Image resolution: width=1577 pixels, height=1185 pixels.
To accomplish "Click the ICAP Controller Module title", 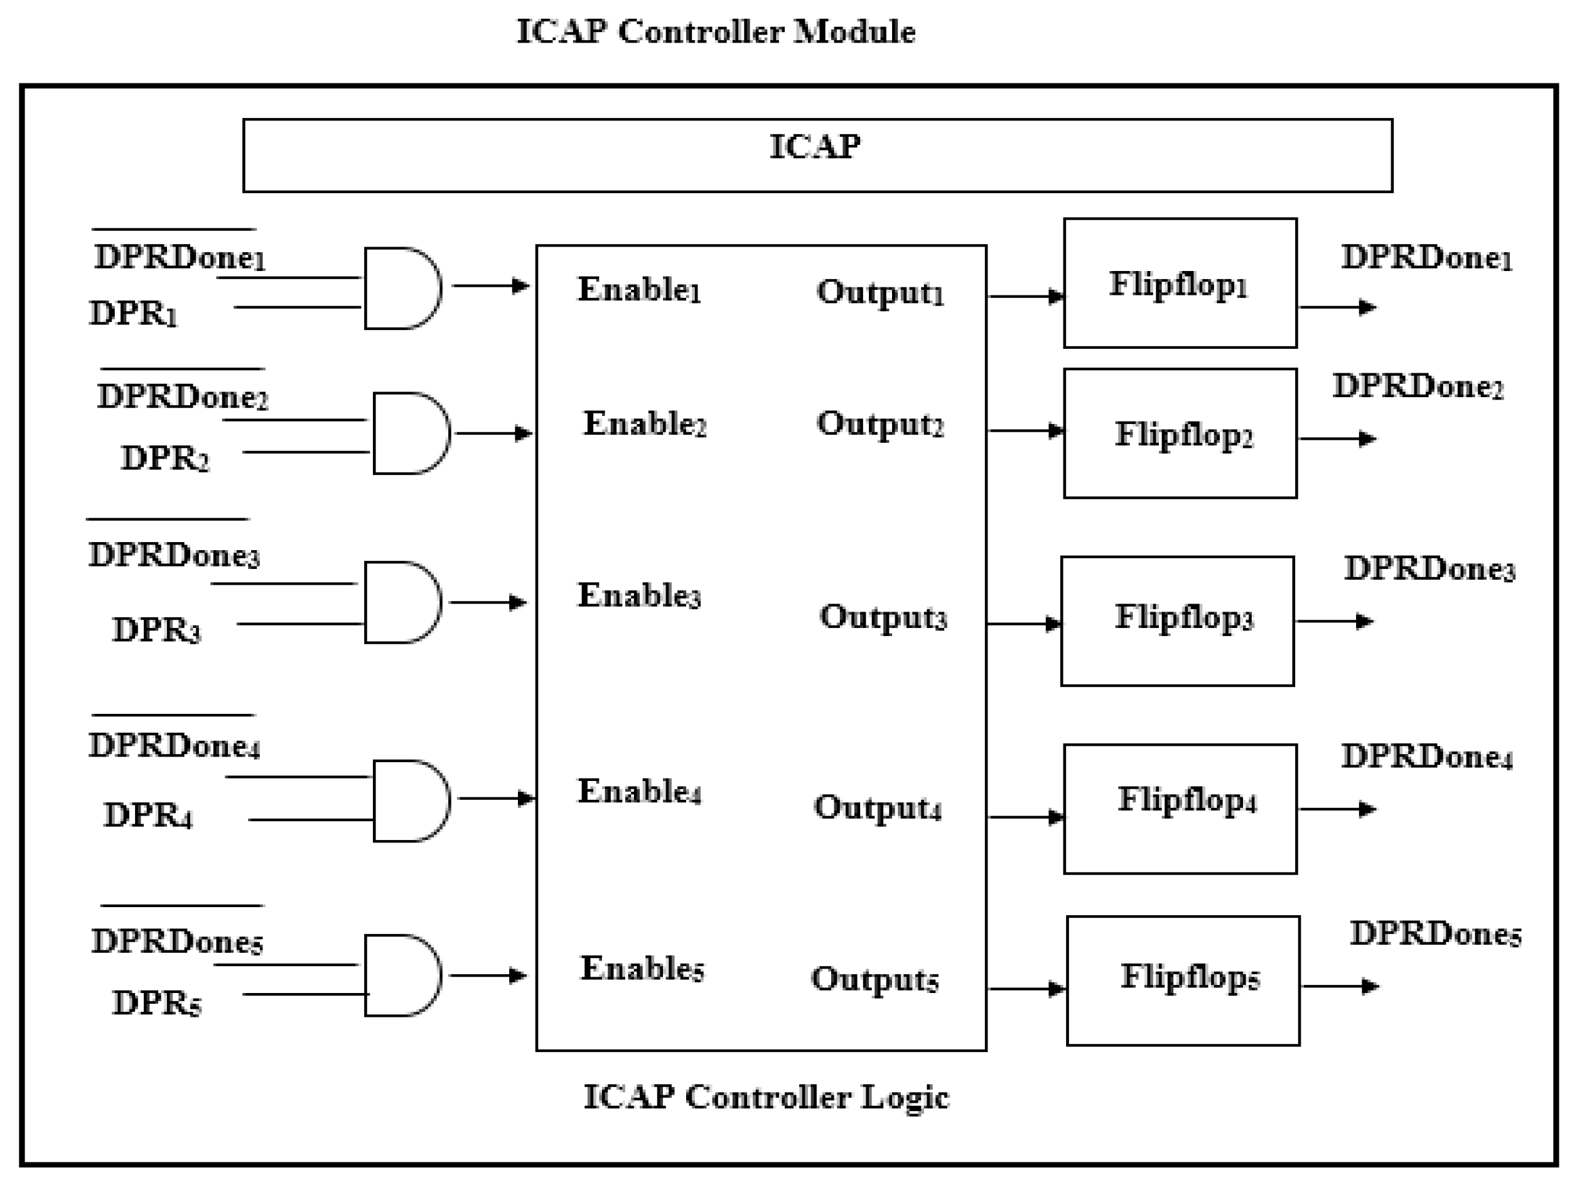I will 716,32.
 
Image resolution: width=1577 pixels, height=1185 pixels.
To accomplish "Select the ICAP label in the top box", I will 815,147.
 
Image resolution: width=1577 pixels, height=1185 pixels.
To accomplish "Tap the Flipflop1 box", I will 1179,283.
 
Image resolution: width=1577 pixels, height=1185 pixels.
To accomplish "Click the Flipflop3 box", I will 1177,620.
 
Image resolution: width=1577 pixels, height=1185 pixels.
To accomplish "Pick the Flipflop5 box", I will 1183,980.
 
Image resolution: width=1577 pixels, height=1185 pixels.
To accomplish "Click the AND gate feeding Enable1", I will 401,288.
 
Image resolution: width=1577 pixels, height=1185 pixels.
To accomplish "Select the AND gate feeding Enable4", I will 410,800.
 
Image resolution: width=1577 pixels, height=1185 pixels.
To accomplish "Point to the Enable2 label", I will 643,424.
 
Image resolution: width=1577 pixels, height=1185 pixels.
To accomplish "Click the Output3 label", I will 883,617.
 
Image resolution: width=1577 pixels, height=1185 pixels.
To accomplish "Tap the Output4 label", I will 877,808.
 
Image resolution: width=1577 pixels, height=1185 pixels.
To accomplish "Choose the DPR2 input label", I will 164,458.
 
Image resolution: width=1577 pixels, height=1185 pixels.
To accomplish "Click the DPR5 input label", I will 156,1003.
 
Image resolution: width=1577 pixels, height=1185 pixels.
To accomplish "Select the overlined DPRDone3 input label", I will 173,555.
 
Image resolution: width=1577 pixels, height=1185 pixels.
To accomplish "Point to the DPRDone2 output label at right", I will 1418,387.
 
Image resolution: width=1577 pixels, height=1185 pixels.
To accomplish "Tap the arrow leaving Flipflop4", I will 1337,809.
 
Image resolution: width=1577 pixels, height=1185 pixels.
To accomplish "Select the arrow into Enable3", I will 488,603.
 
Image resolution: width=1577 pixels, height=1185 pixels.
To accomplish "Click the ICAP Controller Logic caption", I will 766,1097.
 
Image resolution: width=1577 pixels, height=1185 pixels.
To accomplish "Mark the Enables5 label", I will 642,969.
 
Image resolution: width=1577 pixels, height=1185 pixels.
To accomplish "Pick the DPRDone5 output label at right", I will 1434,933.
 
